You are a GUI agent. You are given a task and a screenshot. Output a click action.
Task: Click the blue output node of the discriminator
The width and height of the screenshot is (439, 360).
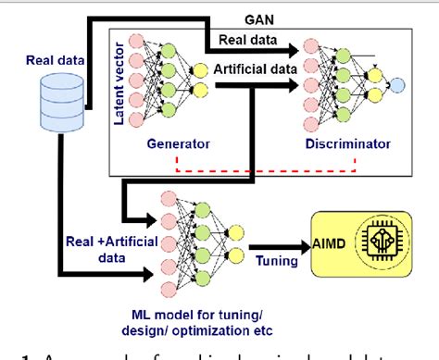[396, 84]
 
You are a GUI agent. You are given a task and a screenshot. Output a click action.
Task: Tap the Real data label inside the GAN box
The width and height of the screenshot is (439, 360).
[250, 40]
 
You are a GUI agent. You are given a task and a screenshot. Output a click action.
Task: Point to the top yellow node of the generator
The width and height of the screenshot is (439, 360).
[198, 68]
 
